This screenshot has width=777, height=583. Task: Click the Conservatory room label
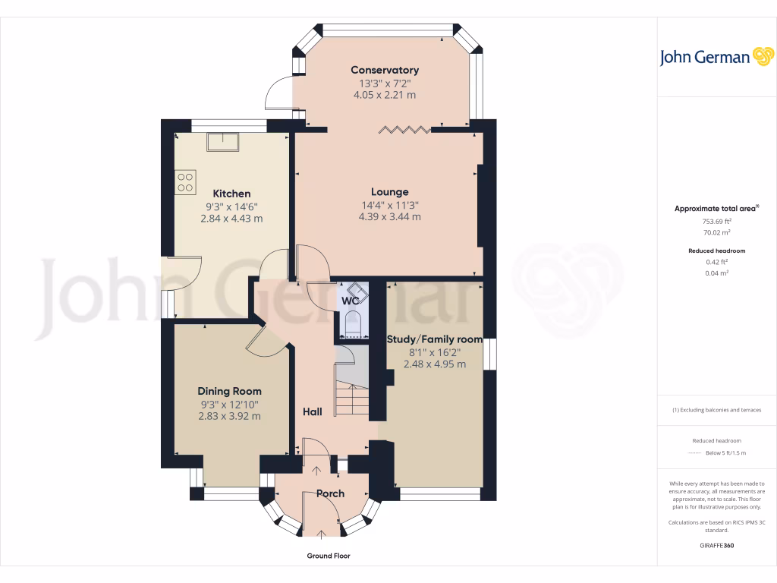[385, 70]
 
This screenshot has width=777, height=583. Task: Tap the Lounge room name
[390, 192]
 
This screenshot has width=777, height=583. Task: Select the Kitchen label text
[231, 194]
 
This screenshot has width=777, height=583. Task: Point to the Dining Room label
[229, 391]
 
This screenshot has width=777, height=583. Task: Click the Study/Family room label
[435, 339]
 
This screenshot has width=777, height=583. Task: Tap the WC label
[350, 301]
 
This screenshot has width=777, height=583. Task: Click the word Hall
[313, 411]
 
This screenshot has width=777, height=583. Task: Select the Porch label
[330, 493]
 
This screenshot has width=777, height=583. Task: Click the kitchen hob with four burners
[186, 182]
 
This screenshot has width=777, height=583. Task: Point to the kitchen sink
[225, 140]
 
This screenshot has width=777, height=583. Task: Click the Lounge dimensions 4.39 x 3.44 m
[390, 217]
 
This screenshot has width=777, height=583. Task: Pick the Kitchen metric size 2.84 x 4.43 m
[231, 219]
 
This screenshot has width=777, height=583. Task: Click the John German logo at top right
[716, 57]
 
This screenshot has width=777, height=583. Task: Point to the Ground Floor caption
[329, 556]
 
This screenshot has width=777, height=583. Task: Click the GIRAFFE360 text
[716, 546]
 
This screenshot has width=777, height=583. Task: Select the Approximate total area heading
[716, 208]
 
